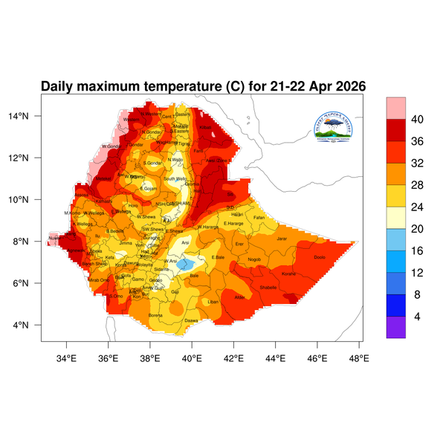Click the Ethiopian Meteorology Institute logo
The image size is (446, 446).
click(336, 127)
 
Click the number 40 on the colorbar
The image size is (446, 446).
click(418, 120)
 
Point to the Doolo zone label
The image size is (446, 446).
click(320, 257)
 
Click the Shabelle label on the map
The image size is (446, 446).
click(268, 287)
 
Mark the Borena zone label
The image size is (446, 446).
click(156, 315)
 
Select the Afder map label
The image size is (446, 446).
click(239, 297)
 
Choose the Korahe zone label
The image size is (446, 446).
click(289, 274)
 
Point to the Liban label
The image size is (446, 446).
click(213, 302)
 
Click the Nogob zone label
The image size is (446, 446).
click(255, 259)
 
